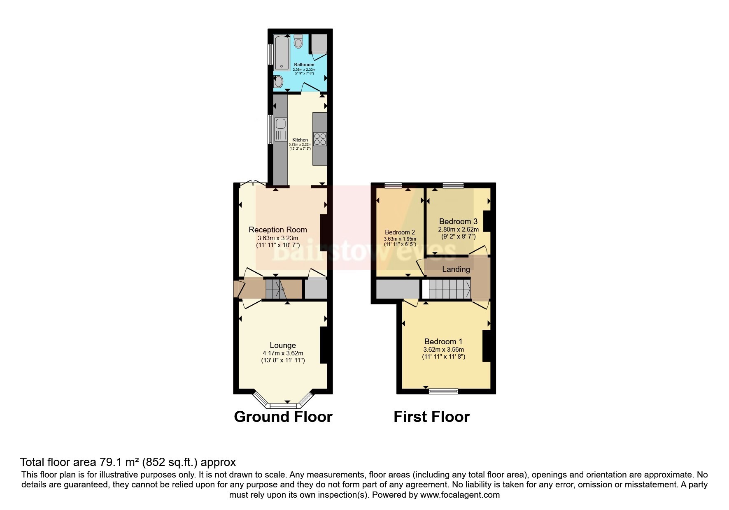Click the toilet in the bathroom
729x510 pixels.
298,41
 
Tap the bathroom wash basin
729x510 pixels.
279,82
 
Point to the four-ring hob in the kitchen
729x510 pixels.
320,139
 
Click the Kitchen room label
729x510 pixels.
300,140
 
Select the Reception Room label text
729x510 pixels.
278,229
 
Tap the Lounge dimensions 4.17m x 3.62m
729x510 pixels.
283,353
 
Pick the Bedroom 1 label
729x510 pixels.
443,341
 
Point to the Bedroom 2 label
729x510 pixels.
400,232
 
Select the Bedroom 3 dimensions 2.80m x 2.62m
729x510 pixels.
458,229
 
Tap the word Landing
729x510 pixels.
456,269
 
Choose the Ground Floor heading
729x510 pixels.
283,417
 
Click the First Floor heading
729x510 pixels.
431,417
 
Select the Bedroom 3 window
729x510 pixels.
453,185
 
